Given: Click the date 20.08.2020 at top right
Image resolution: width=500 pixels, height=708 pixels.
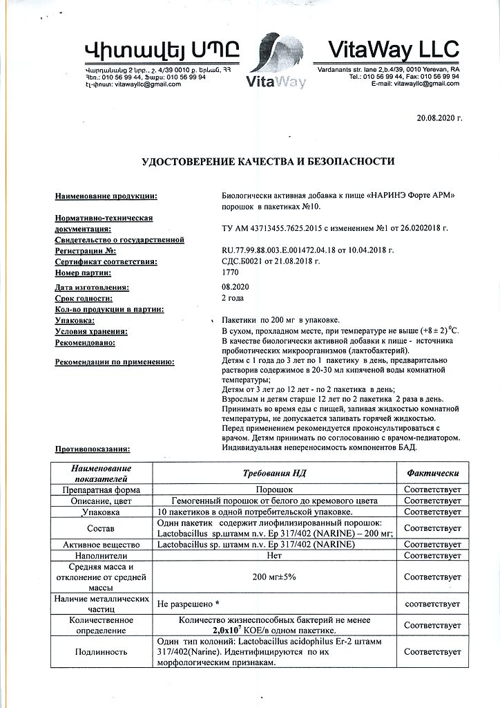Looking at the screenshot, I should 439,118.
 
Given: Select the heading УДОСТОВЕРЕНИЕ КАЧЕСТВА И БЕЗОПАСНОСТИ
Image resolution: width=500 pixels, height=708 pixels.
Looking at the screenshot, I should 268,162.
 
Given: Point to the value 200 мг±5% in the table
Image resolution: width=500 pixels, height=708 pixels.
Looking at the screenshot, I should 274,577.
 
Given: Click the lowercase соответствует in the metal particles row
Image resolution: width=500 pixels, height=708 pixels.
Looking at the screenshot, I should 432,604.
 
